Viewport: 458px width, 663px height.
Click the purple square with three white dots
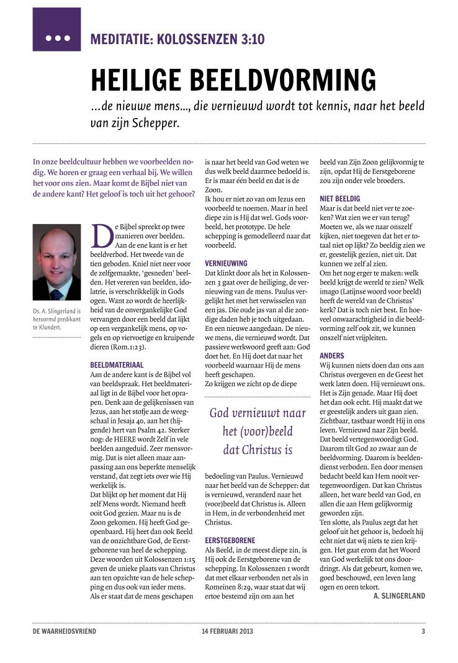coord(56,29)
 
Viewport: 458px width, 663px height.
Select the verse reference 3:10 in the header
coord(252,39)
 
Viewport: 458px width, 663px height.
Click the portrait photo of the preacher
coord(57,263)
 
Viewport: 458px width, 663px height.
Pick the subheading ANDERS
coord(332,356)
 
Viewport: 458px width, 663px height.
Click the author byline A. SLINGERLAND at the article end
coord(399,596)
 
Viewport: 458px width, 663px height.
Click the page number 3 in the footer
coord(423,632)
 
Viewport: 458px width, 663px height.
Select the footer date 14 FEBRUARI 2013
coord(228,632)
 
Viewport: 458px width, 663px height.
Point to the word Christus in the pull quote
coord(269,449)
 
